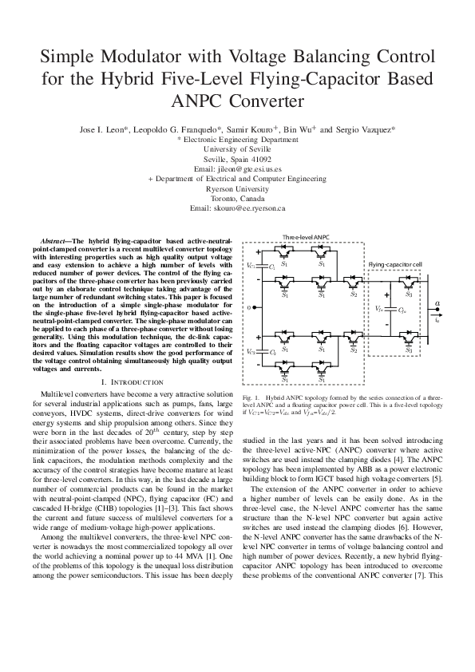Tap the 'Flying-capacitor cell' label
[x=394, y=263]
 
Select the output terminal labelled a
[x=437, y=303]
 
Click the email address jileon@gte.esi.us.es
[x=237, y=170]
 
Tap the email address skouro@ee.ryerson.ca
[x=237, y=208]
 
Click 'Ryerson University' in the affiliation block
[x=237, y=189]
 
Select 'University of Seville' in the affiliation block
[x=237, y=149]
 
